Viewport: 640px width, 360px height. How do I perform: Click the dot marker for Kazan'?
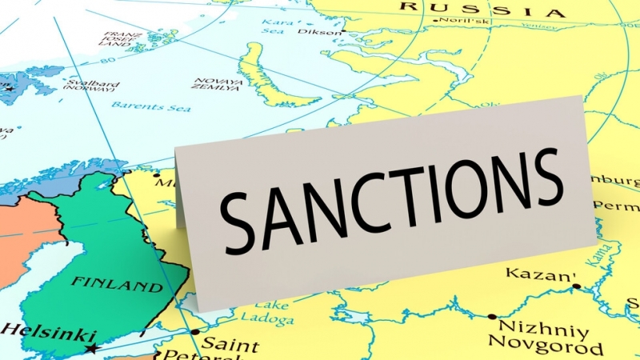(577, 286)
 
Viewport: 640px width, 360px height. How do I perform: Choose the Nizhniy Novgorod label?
(543, 338)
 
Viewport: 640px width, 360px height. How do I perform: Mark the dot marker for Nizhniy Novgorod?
(492, 317)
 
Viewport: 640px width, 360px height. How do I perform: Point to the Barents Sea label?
(140, 105)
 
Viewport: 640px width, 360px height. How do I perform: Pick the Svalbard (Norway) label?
(82, 86)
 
